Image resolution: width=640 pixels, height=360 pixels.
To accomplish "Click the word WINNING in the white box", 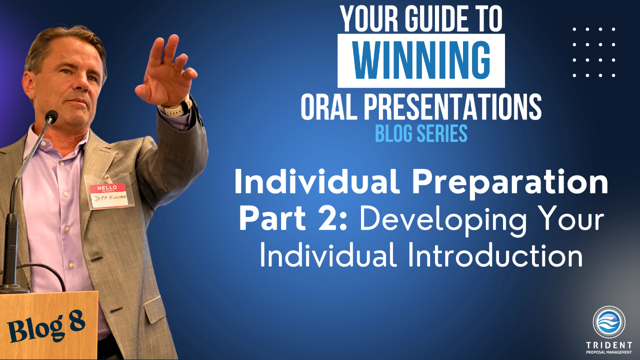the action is point(421,61).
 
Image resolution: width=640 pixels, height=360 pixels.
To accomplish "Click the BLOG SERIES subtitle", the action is point(421,133).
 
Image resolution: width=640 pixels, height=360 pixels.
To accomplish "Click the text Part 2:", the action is point(293,218).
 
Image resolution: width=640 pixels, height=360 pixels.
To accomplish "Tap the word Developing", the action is point(443,220).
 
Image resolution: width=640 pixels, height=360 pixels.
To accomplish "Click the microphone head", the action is point(51,116).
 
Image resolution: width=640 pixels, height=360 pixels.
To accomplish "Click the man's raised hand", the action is point(165,71).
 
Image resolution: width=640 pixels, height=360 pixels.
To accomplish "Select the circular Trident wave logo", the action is point(609,321).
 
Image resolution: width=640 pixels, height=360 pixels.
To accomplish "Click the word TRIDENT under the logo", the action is point(609,345).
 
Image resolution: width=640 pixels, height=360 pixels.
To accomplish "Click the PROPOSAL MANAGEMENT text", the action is point(609,352).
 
